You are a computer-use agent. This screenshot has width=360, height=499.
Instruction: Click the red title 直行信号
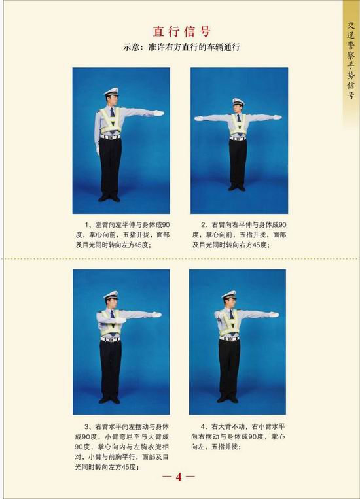(x=181, y=31)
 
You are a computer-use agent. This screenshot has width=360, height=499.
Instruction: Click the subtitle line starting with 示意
(x=181, y=48)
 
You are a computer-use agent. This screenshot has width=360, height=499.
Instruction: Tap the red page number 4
(x=179, y=477)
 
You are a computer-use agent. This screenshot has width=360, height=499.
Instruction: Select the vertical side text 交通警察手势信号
(x=351, y=60)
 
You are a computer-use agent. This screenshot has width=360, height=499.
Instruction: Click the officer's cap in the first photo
(x=111, y=92)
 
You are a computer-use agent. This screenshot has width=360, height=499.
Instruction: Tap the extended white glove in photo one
(x=158, y=112)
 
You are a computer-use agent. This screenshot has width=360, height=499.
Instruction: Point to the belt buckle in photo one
(x=110, y=137)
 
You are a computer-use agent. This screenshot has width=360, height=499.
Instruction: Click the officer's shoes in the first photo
(x=109, y=198)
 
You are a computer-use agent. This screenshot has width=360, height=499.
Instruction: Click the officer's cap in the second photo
(x=238, y=102)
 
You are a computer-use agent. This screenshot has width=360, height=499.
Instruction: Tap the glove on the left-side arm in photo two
(x=199, y=118)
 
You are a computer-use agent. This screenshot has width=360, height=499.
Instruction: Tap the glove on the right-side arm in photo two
(x=277, y=118)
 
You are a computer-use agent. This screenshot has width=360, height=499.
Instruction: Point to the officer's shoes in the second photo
(x=237, y=188)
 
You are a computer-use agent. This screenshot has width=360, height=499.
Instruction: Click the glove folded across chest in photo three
(x=120, y=320)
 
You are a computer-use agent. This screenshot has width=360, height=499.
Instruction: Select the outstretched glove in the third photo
(x=156, y=315)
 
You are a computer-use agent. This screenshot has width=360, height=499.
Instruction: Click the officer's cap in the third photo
(x=111, y=296)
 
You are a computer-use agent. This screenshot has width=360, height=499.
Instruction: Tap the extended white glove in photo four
(x=274, y=315)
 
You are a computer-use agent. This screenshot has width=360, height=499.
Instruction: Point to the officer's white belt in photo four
(x=229, y=339)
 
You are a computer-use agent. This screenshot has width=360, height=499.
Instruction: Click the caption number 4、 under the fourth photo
(x=205, y=427)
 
